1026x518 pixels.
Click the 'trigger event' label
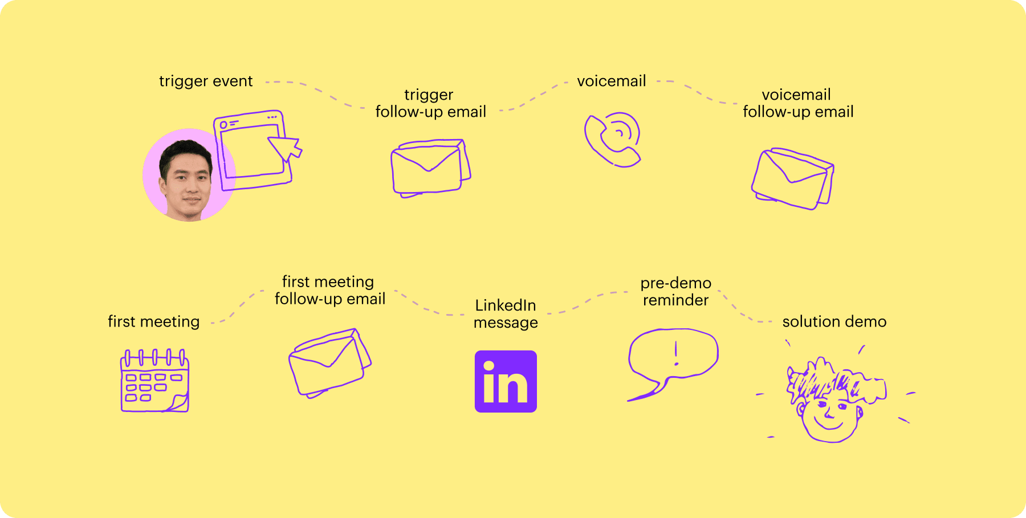(206, 81)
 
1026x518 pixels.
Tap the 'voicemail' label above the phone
(612, 81)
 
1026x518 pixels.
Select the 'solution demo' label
(834, 321)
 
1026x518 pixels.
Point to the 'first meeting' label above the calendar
(154, 322)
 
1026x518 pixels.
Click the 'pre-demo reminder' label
(676, 291)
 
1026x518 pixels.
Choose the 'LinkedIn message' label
(506, 313)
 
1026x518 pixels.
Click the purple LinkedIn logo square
(506, 381)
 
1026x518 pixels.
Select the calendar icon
(155, 381)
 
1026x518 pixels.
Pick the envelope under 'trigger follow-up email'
(431, 168)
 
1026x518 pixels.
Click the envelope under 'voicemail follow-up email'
(792, 178)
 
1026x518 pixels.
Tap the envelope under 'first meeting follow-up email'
(330, 363)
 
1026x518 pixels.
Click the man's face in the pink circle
(186, 178)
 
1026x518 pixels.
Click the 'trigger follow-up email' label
(431, 103)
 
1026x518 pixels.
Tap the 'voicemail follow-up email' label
(798, 103)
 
